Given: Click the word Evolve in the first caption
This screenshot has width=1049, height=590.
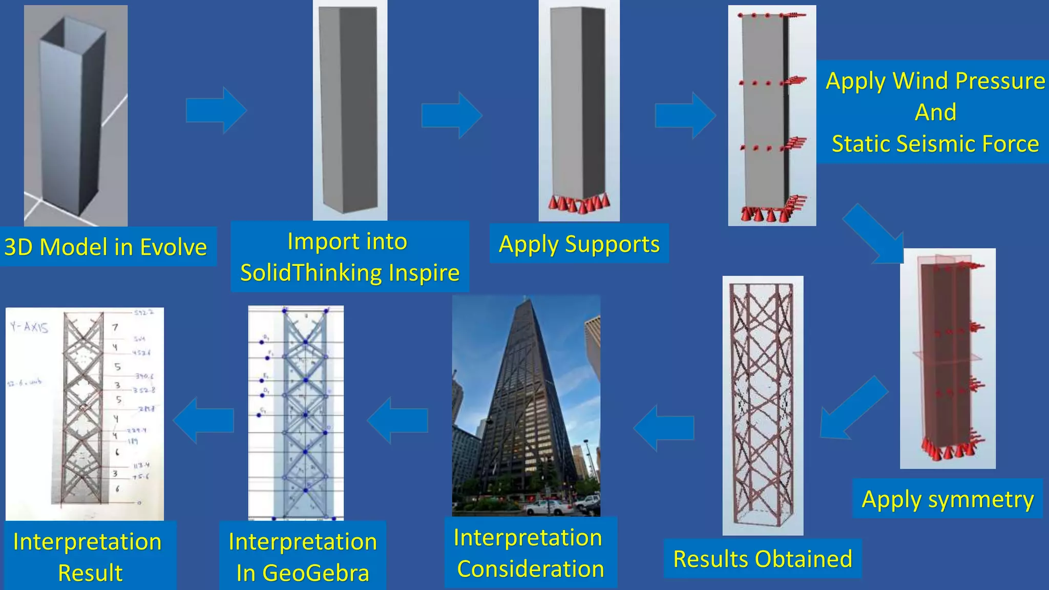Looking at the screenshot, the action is (x=174, y=247).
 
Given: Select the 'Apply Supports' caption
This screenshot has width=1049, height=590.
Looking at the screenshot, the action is (x=579, y=244).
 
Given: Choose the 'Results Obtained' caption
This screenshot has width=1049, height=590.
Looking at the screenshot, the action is (x=762, y=559).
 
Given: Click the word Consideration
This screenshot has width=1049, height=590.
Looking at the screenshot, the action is (x=530, y=569).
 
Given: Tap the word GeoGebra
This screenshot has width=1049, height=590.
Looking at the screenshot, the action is (x=316, y=573).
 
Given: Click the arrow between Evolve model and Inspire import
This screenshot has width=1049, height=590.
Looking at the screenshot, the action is (x=216, y=110).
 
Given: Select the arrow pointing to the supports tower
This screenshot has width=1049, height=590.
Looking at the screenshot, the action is (x=452, y=115).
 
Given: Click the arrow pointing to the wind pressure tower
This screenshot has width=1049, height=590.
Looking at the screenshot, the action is (x=685, y=115).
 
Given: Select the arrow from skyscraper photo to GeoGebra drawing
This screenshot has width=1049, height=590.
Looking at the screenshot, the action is (x=397, y=420).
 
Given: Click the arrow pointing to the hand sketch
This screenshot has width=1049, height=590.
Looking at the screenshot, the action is (x=203, y=420).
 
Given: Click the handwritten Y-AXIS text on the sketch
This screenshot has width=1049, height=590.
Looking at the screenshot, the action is (x=29, y=327).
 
